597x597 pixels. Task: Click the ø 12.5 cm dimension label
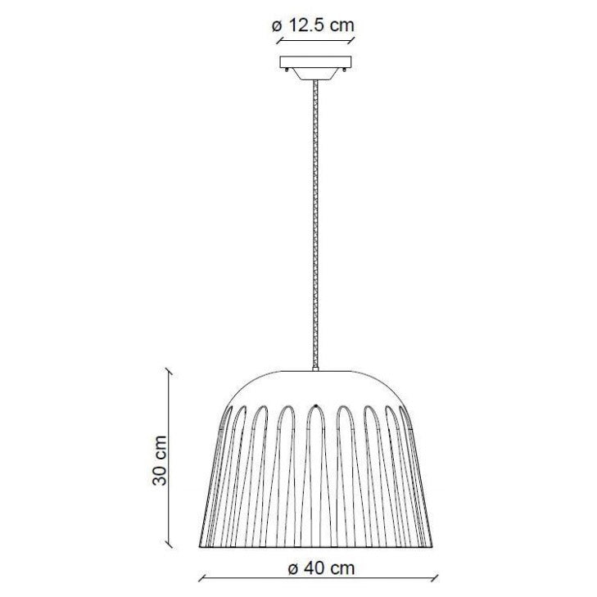pos(313,25)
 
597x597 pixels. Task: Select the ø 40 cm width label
pos(321,568)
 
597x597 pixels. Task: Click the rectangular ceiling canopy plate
pos(315,62)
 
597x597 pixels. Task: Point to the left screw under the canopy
pos(287,70)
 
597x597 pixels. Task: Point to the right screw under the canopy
pos(345,70)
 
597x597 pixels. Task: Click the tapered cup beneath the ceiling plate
pos(315,75)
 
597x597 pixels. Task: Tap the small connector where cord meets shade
pos(315,369)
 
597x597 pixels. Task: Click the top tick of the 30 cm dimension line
pos(168,371)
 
